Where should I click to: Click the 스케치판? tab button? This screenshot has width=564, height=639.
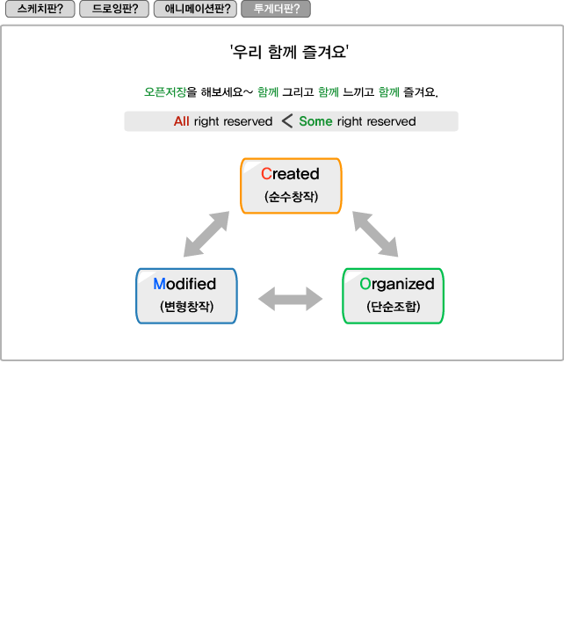coord(40,10)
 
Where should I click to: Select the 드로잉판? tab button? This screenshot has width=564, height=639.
coord(114,10)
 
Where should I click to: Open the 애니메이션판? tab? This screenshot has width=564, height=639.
coord(195,10)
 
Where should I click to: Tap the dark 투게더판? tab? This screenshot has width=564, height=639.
coord(276,10)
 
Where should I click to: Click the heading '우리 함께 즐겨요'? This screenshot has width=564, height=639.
coord(290,52)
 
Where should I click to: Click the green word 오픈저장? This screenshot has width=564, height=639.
coord(165,91)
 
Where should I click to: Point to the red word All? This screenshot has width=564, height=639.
coord(181,121)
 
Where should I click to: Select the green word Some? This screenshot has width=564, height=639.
coord(315,121)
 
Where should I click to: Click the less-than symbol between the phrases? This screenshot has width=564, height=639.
coord(286,121)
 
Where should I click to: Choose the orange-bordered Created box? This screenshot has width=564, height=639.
coord(291,185)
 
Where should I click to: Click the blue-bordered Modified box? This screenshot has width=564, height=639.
coord(186,296)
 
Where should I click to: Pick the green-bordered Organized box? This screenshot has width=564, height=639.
coord(393,296)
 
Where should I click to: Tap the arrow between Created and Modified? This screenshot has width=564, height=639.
coord(206,235)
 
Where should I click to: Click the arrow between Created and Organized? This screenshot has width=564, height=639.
coord(376,235)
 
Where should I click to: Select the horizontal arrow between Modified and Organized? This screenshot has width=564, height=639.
coord(291,299)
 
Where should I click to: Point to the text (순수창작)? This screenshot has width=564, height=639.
coord(291,197)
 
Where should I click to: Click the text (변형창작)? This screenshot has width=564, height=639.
coord(186,308)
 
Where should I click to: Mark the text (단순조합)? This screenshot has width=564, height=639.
coord(394,308)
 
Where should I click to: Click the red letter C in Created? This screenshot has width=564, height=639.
coord(266,174)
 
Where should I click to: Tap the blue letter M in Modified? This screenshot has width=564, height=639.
coord(159,284)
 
